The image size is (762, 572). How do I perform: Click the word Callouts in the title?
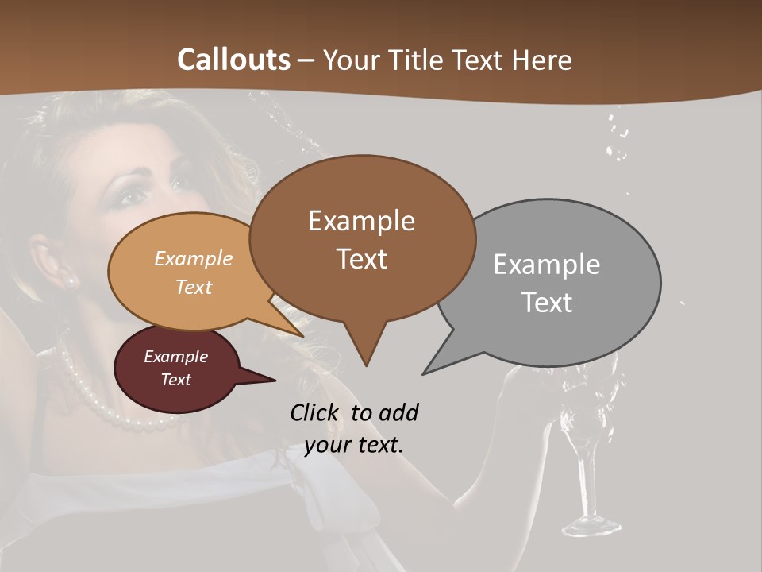pyautogui.click(x=233, y=60)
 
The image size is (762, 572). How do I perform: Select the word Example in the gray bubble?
pyautogui.click(x=547, y=264)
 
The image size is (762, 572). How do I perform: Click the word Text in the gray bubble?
pyautogui.click(x=547, y=302)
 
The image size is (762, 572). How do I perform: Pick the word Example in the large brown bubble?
pyautogui.click(x=361, y=220)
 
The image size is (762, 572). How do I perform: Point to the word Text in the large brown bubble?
pyautogui.click(x=361, y=259)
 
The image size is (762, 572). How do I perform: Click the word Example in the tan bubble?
pyautogui.click(x=194, y=258)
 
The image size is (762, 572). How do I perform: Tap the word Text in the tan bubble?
pyautogui.click(x=194, y=287)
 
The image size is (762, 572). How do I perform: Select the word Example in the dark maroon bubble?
pyautogui.click(x=175, y=357)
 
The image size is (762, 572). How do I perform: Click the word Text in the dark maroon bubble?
pyautogui.click(x=175, y=380)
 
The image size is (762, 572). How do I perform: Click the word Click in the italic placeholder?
pyautogui.click(x=316, y=412)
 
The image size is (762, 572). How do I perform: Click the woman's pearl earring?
pyautogui.click(x=70, y=281)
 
